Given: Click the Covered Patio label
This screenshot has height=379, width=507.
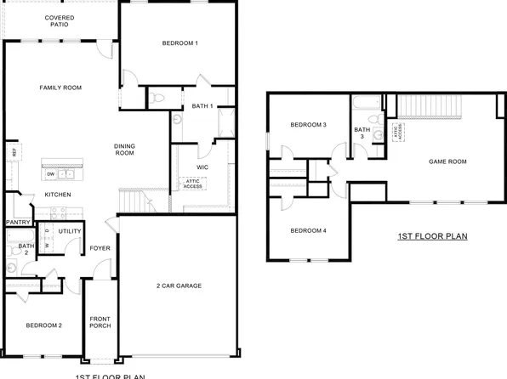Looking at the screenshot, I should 60,21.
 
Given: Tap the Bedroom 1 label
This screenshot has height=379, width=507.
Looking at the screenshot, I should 179,43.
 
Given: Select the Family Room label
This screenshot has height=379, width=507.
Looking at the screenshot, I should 60,88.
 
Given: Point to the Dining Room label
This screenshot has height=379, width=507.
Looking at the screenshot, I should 125,150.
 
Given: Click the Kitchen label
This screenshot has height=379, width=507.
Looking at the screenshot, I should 58,195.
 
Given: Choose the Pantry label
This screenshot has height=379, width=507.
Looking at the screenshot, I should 18,223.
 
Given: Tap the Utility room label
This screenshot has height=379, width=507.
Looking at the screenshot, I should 70,231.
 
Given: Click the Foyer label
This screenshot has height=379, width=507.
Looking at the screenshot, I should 100,248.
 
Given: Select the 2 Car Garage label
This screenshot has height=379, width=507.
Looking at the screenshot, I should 179,286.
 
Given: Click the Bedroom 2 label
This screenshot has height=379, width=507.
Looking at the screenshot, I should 43,325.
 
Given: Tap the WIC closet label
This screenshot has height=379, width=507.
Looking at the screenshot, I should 203,167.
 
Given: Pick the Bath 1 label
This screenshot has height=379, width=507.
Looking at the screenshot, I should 202,106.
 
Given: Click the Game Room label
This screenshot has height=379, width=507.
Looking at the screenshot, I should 448,161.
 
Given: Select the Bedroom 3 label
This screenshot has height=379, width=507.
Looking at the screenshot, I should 308,126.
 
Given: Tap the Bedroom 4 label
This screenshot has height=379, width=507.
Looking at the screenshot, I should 308,231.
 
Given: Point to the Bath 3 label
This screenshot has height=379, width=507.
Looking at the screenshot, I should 360,133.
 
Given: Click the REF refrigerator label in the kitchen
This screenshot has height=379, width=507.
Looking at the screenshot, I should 14,152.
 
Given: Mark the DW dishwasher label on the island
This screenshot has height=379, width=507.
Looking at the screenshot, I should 50,175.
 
